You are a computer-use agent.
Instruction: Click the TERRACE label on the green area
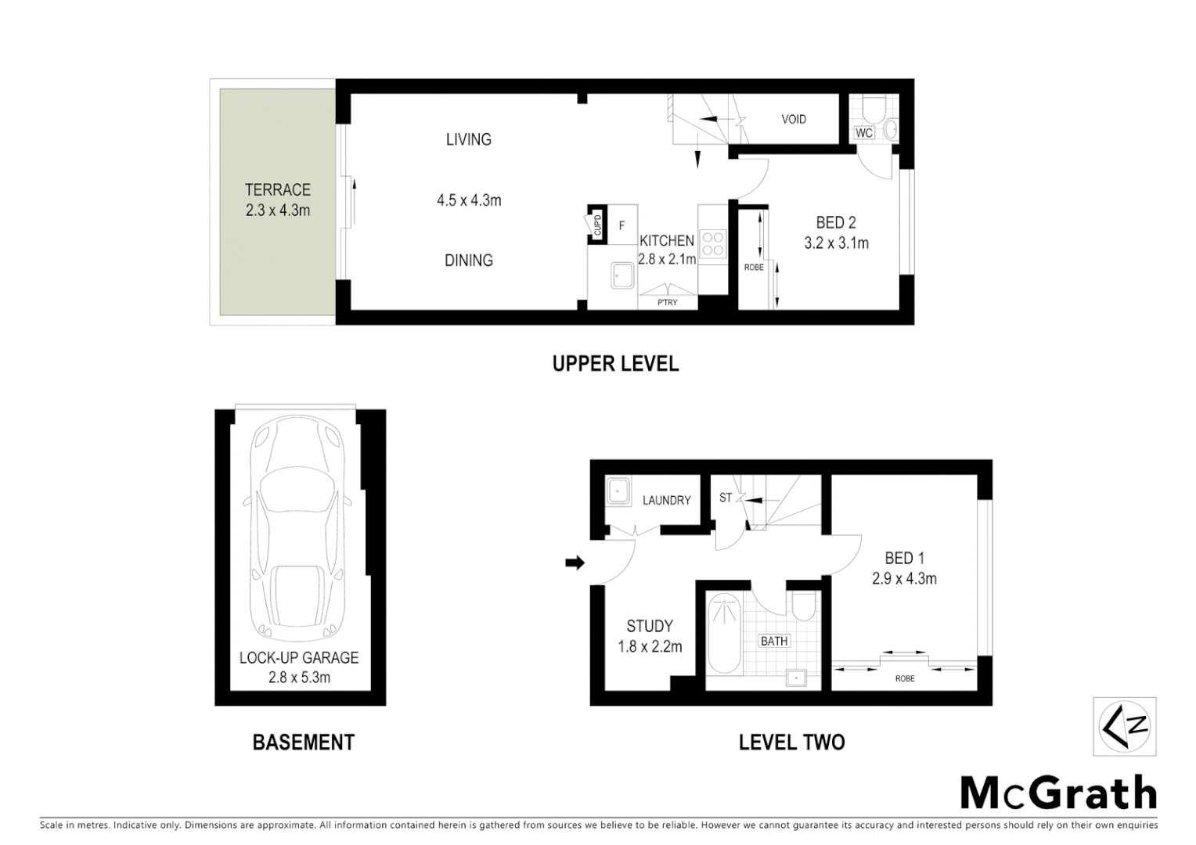pyautogui.click(x=277, y=190)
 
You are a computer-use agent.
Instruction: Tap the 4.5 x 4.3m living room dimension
pyautogui.click(x=469, y=200)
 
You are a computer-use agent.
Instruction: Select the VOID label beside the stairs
pyautogui.click(x=793, y=120)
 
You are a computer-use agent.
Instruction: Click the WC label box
pyautogui.click(x=863, y=133)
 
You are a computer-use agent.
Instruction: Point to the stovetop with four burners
pyautogui.click(x=713, y=243)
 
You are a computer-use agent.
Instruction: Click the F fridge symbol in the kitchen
pyautogui.click(x=622, y=225)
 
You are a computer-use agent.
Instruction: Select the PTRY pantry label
pyautogui.click(x=667, y=302)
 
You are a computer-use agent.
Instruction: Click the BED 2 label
pyautogui.click(x=836, y=224)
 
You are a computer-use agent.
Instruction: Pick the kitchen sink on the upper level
pyautogui.click(x=624, y=275)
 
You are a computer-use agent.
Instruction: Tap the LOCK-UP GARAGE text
pyautogui.click(x=299, y=658)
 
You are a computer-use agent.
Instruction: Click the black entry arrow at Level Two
pyautogui.click(x=575, y=563)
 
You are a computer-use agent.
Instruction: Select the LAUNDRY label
pyautogui.click(x=666, y=500)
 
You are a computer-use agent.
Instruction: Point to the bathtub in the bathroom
pyautogui.click(x=724, y=634)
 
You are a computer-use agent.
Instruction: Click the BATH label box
pyautogui.click(x=774, y=641)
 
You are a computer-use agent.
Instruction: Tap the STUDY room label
pyautogui.click(x=650, y=626)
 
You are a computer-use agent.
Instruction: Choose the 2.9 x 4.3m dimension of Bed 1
pyautogui.click(x=904, y=579)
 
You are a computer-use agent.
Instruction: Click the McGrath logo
pyautogui.click(x=1058, y=793)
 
